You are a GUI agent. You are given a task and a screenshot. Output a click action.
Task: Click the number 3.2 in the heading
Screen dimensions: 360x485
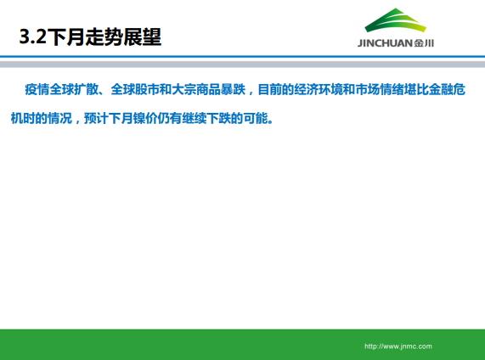click(x=35, y=38)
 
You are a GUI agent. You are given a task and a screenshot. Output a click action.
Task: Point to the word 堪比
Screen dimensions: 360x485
click(x=425, y=89)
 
